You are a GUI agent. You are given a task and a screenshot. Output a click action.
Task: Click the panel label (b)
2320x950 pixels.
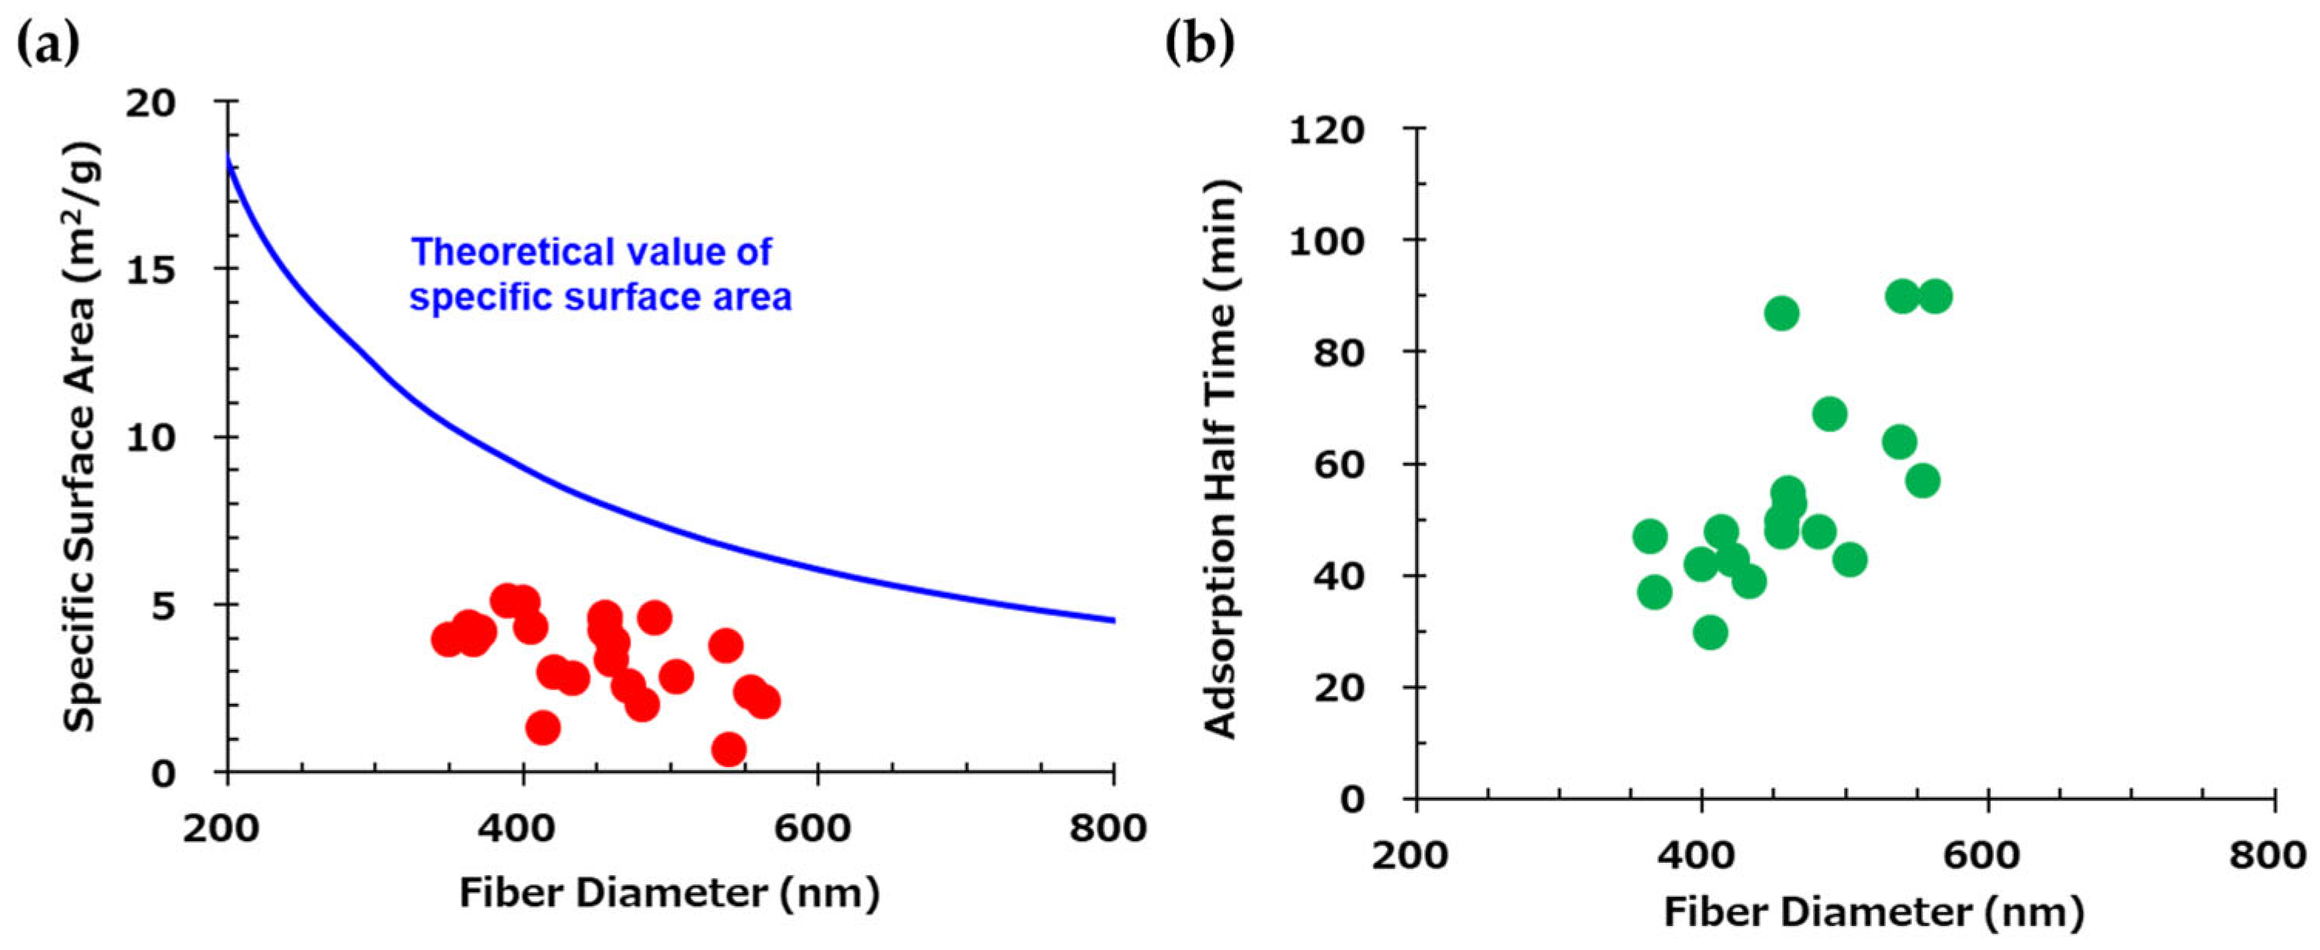[1199, 42]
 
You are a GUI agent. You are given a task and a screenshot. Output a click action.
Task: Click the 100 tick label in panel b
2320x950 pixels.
[1328, 241]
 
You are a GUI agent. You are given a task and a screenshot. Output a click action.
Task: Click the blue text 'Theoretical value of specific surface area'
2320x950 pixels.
[601, 275]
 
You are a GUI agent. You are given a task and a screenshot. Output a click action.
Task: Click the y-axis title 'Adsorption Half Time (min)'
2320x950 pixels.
[1221, 460]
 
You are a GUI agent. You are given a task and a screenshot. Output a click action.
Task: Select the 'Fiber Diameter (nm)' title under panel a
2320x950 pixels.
[669, 893]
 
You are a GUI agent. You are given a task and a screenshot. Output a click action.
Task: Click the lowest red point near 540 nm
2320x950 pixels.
[728, 749]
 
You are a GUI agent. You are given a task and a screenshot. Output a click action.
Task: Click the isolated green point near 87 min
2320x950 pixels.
[1781, 313]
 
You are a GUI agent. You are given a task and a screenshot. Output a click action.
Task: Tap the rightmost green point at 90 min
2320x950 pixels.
[1934, 296]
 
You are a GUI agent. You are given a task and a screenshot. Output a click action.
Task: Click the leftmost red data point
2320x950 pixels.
[447, 641]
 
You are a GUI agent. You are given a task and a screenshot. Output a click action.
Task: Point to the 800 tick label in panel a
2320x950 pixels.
[1109, 827]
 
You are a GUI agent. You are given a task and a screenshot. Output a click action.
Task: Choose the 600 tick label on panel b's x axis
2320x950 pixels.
[1985, 854]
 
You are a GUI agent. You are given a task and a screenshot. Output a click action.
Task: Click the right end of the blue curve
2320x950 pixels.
[1113, 620]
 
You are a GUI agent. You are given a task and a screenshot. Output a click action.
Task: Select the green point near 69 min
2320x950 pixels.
[1829, 414]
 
